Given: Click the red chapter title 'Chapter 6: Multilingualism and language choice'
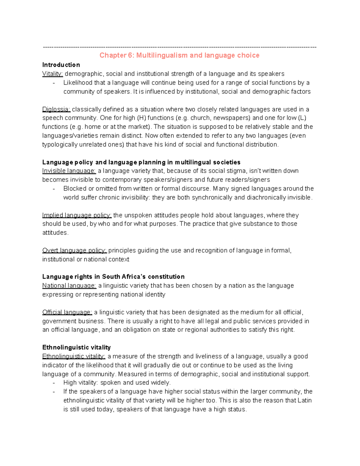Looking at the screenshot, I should click(179, 55).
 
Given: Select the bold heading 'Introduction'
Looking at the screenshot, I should click(61, 65).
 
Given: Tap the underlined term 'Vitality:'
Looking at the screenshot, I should click(52, 74).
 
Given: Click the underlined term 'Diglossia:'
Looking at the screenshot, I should click(56, 109).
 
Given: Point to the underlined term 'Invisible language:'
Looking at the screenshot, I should click(69, 171).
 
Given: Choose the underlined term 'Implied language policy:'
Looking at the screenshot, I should click(77, 215).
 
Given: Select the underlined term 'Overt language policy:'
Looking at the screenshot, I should click(74, 251).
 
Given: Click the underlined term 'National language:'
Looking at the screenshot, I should click(69, 286).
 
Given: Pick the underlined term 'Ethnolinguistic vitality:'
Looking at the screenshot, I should click(74, 356).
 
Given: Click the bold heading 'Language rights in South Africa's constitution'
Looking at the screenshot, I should click(113, 277).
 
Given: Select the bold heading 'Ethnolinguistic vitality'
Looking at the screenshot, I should click(76, 347).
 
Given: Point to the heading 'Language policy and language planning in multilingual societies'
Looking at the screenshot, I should click(141, 162).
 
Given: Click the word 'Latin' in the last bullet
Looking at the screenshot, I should click(304, 401).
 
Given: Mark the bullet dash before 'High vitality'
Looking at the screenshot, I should click(54, 383).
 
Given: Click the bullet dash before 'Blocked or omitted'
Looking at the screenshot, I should click(54, 189).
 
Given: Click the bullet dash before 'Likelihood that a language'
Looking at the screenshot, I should click(54, 83).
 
